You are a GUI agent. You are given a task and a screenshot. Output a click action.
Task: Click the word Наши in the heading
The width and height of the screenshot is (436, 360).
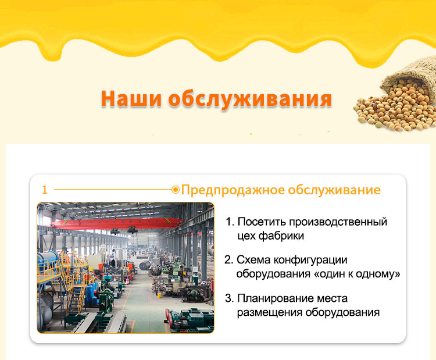click(x=131, y=98)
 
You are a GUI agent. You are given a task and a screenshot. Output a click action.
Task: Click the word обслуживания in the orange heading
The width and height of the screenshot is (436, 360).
click(x=250, y=99)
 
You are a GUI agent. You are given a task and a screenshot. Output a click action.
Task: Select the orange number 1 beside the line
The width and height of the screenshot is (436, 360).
click(x=45, y=190)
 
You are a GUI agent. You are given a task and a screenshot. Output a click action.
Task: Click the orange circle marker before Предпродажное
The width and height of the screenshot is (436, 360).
click(x=176, y=190)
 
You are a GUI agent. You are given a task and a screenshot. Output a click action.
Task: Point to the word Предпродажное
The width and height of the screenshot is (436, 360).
click(x=233, y=190)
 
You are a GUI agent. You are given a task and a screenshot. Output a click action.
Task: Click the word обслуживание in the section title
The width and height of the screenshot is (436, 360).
click(x=334, y=190)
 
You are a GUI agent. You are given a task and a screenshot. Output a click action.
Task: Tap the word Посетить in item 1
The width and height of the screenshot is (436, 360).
click(x=262, y=222)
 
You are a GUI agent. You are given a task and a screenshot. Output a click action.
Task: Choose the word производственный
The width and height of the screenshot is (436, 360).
click(x=338, y=222)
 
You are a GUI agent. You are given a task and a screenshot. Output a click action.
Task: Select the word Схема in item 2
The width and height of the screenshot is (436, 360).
click(x=253, y=260)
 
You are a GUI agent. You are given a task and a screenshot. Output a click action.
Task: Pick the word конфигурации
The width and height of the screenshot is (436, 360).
click(x=310, y=261)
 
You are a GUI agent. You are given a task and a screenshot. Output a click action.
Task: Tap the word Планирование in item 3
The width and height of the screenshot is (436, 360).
click(x=276, y=298)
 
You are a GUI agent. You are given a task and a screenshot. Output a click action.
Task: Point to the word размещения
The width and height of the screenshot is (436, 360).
click(x=269, y=312)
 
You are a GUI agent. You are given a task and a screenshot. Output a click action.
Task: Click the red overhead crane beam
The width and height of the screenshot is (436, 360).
click(x=116, y=223)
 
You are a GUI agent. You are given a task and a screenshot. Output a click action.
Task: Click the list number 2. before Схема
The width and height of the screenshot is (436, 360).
click(x=229, y=260)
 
